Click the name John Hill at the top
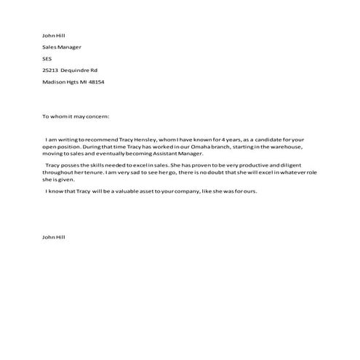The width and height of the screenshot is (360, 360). (x=54, y=35)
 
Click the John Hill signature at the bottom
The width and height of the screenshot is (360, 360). (x=54, y=237)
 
